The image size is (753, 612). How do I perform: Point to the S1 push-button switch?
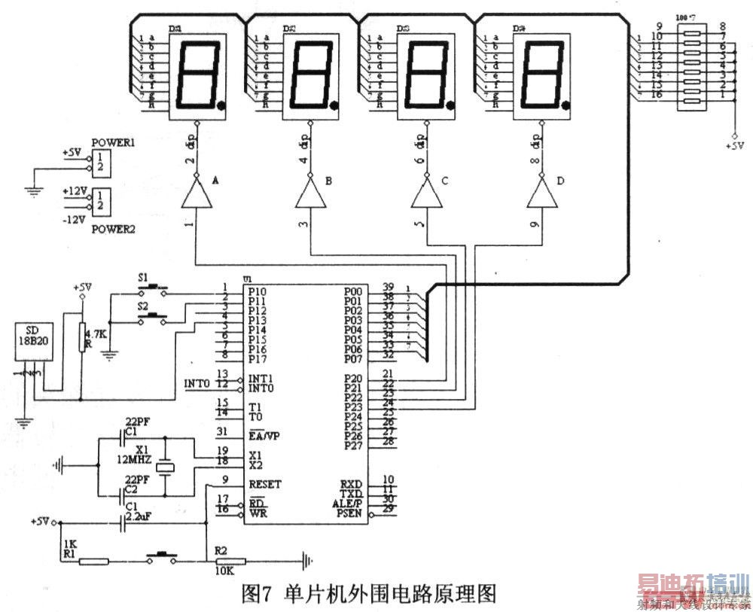point(154,287)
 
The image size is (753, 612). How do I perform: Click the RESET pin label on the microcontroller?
point(264,484)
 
